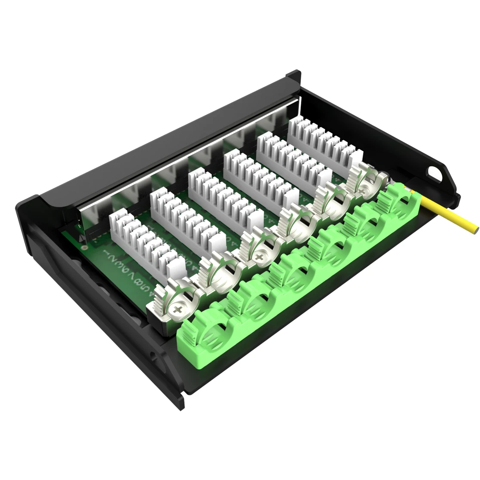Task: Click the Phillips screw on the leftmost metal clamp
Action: (178, 308)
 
